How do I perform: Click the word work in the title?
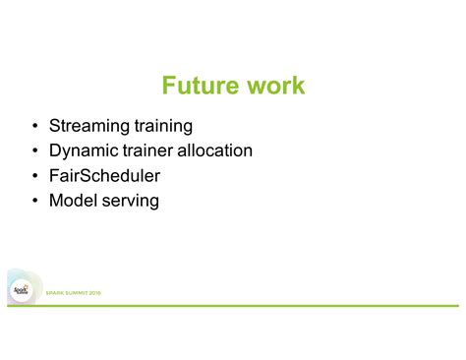274,86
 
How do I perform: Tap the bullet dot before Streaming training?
34,127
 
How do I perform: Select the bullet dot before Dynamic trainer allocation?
34,151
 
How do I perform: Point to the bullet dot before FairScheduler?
34,177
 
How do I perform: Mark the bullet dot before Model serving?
34,202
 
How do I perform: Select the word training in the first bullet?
162,127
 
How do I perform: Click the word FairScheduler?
104,176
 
